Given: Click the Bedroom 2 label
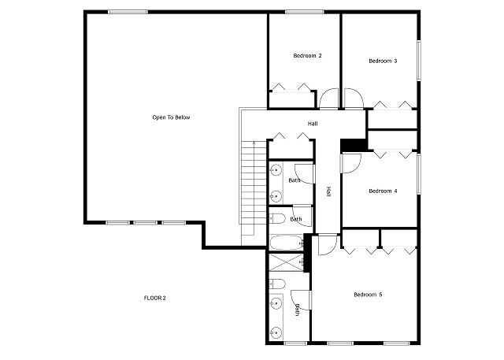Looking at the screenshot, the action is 307,56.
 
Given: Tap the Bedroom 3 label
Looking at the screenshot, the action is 383,61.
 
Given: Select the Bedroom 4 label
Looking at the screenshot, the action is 383,191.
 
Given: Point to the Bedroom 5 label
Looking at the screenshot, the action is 368,295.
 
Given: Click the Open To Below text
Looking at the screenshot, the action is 171,117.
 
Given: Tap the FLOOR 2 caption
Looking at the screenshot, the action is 154,298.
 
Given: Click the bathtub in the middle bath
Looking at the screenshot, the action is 286,243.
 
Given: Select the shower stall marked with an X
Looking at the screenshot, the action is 286,262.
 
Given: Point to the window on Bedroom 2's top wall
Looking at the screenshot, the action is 304,12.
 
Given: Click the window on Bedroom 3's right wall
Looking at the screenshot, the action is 419,60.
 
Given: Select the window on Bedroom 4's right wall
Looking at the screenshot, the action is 419,174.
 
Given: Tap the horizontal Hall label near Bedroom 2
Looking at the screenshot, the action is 313,124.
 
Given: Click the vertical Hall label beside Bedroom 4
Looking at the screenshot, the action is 328,191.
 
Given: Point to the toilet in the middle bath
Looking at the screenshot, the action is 277,219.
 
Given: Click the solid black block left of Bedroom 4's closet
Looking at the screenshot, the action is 354,145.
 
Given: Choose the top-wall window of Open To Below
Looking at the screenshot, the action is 128,12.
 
